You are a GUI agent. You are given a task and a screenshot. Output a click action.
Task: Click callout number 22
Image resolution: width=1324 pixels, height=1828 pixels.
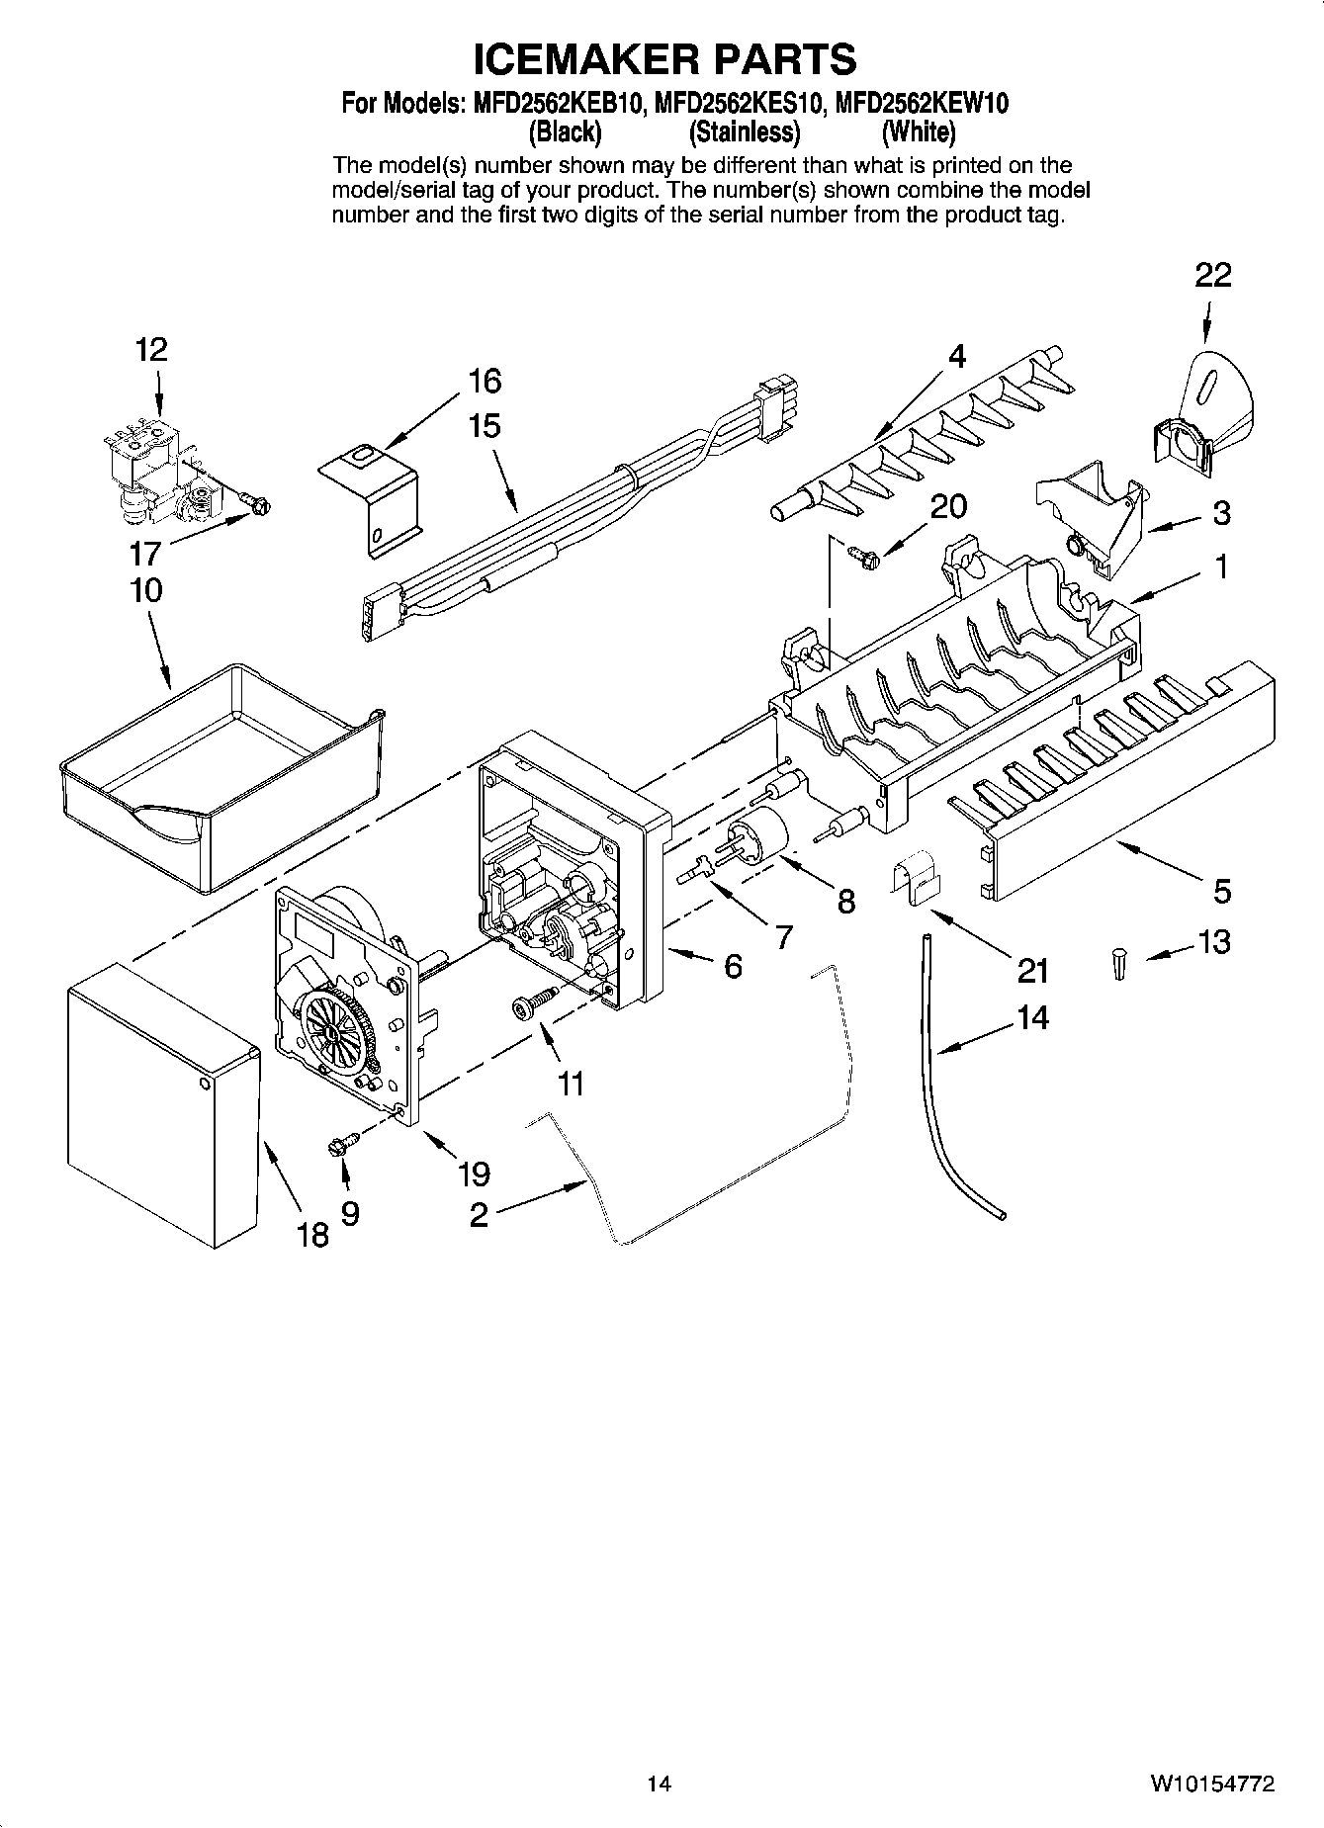click(1212, 275)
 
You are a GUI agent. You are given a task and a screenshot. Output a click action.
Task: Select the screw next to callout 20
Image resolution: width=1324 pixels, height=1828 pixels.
click(859, 556)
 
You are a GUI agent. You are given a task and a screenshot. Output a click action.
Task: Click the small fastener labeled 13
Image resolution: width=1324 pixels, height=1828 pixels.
click(1117, 962)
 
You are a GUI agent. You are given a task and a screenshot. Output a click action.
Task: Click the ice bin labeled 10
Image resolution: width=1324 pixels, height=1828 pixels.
click(221, 770)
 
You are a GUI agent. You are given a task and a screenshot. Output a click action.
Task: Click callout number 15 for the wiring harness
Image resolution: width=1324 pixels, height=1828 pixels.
click(484, 426)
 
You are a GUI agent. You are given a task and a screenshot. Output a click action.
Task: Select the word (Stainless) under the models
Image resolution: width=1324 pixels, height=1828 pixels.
click(744, 131)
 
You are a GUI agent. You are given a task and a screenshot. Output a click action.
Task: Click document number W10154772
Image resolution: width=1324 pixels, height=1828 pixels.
click(1210, 1784)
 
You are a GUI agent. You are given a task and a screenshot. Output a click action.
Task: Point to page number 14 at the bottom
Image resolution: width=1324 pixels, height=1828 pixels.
click(659, 1784)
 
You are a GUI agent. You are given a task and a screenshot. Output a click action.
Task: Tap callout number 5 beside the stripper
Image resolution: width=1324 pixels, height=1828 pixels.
click(1222, 891)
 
